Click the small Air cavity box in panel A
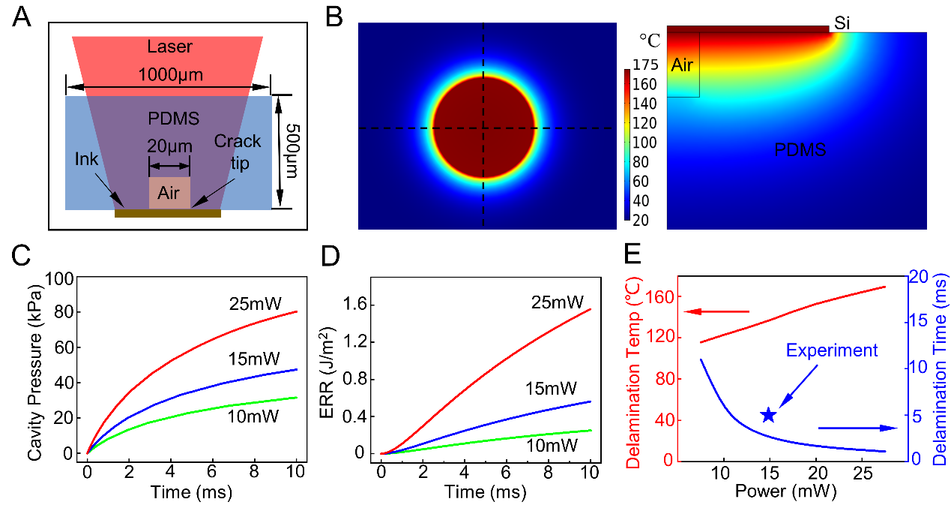169,193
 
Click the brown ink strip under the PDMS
168,214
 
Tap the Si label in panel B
842,25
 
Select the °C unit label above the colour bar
649,40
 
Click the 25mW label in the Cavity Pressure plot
255,304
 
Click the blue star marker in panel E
767,416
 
